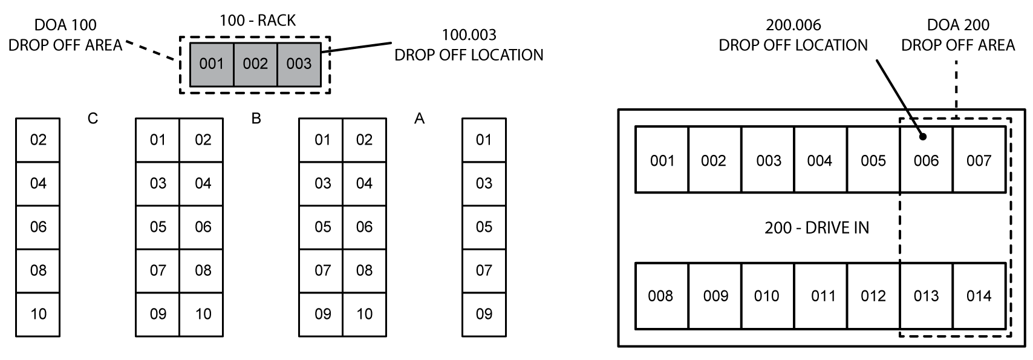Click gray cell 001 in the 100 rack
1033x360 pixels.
coord(212,64)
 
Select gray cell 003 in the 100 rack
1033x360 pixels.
coord(299,64)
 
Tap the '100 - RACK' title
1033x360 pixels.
coord(258,21)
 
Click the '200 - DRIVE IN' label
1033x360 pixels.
coord(816,227)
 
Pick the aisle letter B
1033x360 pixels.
coord(256,119)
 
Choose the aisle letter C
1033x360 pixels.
coord(92,119)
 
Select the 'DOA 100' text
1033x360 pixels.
coord(65,25)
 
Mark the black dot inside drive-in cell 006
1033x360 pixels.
coord(922,137)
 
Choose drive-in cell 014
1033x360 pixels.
coord(979,296)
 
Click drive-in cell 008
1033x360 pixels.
coord(660,296)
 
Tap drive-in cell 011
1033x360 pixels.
coord(823,296)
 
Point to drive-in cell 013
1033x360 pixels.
coord(926,296)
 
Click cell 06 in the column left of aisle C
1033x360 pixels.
coord(38,227)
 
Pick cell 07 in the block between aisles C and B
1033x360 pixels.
coord(157,270)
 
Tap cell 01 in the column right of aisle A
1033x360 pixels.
coord(484,140)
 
